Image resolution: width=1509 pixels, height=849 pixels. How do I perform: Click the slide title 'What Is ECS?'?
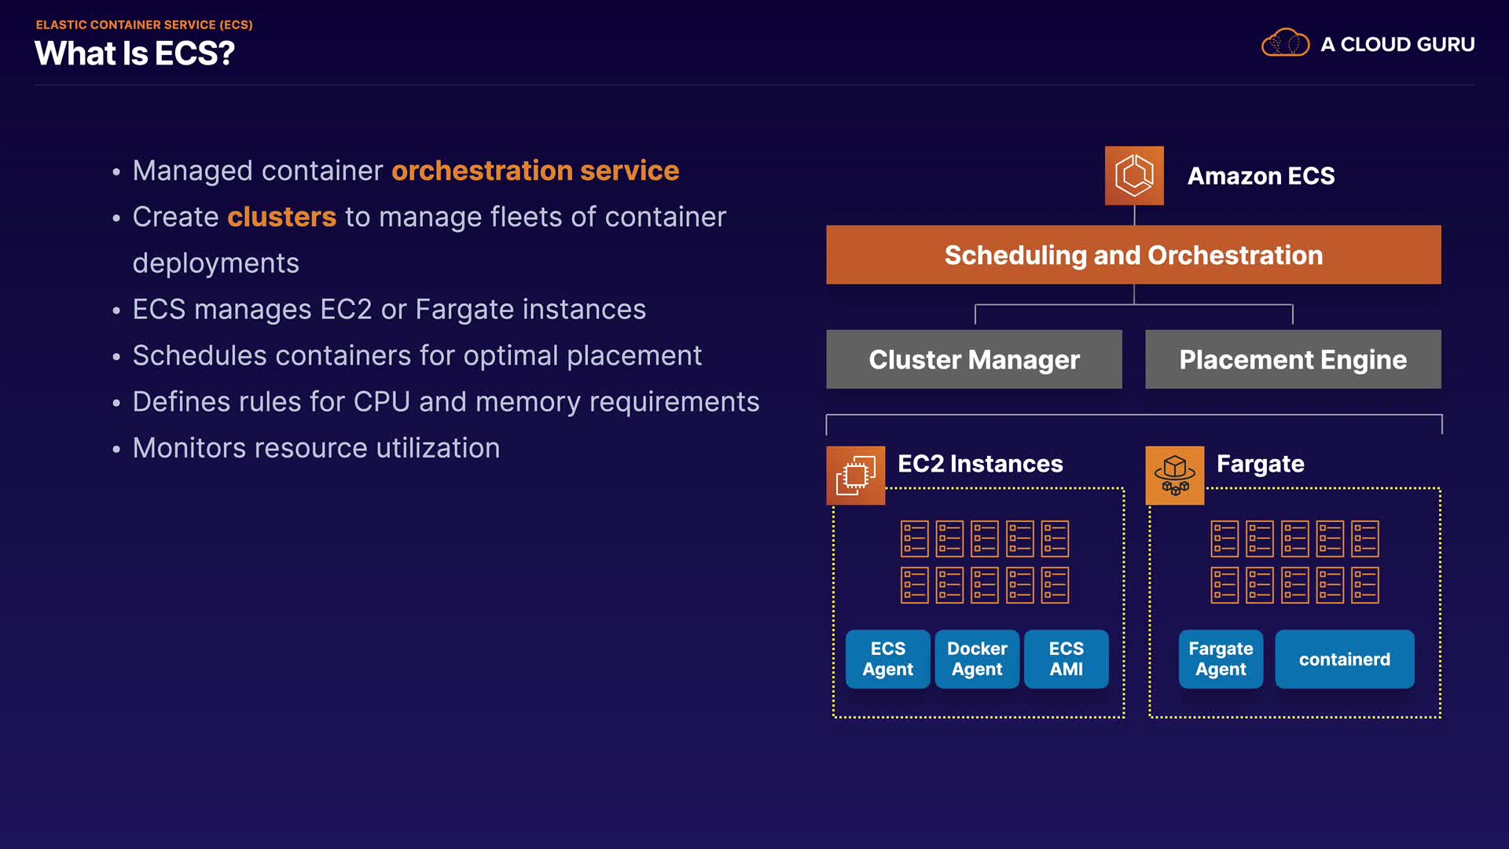click(x=134, y=53)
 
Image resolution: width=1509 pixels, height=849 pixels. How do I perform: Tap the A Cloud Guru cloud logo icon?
click(x=1285, y=43)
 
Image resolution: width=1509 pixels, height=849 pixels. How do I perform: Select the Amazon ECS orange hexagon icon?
click(x=1134, y=175)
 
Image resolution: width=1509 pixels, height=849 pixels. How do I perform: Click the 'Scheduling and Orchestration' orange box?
click(x=1133, y=255)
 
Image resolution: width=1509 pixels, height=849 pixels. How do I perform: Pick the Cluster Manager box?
click(x=974, y=359)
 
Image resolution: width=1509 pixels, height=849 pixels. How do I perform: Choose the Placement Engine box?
click(x=1293, y=359)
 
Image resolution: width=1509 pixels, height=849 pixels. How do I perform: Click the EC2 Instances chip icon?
click(x=855, y=476)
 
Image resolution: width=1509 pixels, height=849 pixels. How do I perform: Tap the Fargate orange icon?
click(x=1174, y=476)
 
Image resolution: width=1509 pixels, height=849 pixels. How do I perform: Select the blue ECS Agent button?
click(x=887, y=659)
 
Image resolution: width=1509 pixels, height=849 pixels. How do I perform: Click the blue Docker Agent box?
click(x=977, y=659)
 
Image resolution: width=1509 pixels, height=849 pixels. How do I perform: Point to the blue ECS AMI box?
click(x=1066, y=659)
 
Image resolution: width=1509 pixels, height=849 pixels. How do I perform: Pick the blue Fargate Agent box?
click(x=1221, y=659)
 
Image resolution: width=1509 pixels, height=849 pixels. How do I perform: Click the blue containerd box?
click(x=1344, y=659)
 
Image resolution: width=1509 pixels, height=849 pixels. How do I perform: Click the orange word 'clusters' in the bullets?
click(x=281, y=217)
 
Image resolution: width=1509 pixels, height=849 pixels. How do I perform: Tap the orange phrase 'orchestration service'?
click(x=535, y=171)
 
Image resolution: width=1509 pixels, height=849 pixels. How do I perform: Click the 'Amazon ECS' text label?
click(x=1261, y=176)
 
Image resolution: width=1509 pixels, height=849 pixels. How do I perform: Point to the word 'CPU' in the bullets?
click(x=381, y=402)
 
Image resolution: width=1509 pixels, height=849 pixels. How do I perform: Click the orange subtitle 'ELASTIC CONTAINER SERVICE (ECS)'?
click(x=144, y=25)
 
